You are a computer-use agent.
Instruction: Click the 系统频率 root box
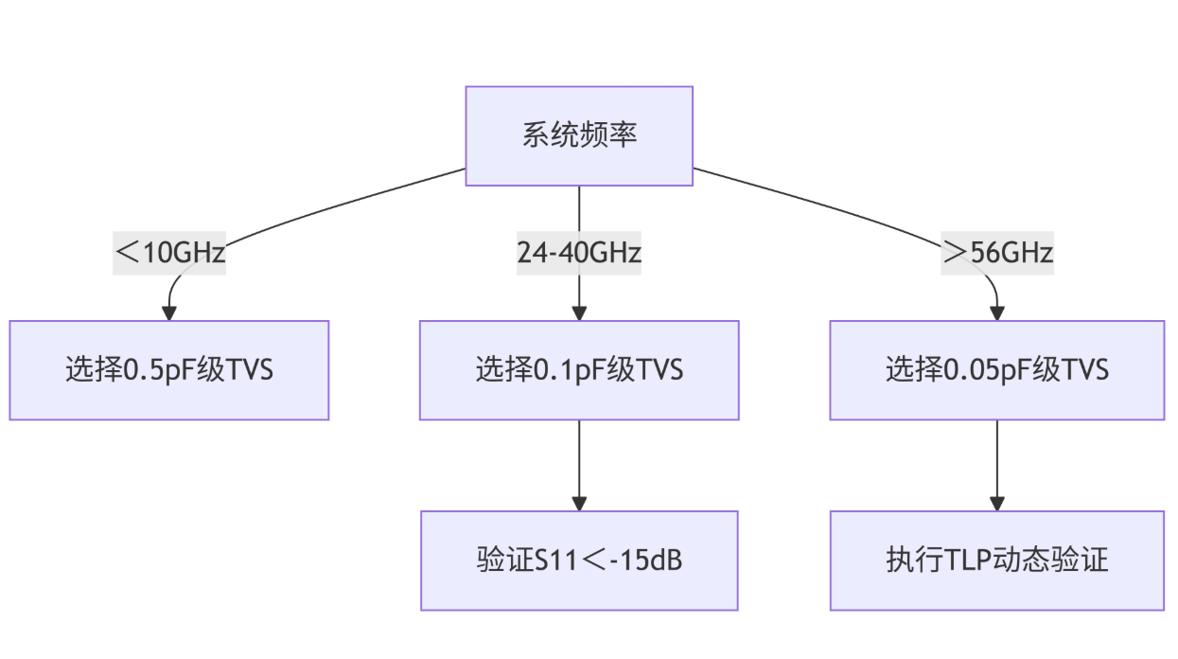click(x=579, y=135)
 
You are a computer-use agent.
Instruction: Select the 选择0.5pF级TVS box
click(x=169, y=369)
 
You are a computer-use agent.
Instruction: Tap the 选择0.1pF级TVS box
click(x=579, y=369)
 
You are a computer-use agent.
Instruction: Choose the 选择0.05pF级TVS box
click(x=996, y=369)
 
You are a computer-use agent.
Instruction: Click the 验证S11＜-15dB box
click(x=579, y=561)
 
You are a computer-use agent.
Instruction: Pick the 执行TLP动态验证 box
click(x=996, y=561)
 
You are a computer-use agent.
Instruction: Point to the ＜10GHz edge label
click(x=169, y=253)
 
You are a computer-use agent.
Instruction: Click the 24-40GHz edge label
click(x=579, y=253)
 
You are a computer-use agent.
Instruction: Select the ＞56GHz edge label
click(x=996, y=253)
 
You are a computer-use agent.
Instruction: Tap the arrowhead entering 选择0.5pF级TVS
click(x=169, y=313)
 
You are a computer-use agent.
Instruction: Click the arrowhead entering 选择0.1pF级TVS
click(x=579, y=313)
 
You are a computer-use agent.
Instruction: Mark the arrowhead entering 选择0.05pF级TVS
click(x=996, y=313)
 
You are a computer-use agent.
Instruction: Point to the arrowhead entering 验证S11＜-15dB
click(x=579, y=504)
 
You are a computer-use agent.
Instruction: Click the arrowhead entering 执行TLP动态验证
click(x=996, y=504)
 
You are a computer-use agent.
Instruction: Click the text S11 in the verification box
click(x=554, y=561)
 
